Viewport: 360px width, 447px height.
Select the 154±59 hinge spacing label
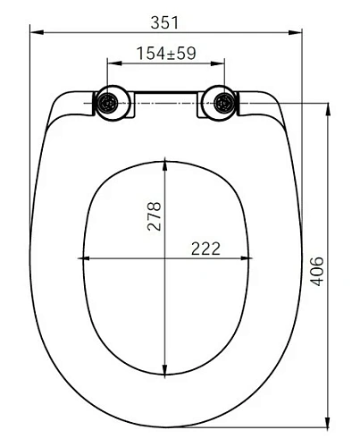166,53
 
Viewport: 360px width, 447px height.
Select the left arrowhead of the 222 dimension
88,259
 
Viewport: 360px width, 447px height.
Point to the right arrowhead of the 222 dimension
248,259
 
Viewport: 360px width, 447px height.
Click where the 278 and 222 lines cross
166,259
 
